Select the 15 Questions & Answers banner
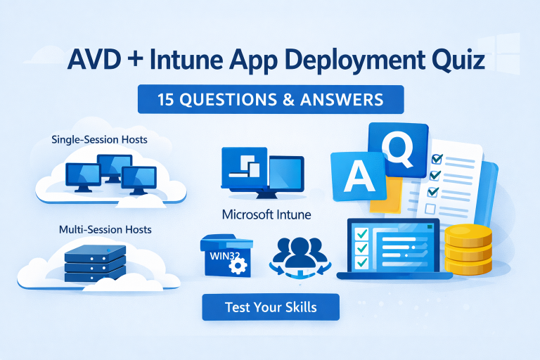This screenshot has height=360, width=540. click(271, 99)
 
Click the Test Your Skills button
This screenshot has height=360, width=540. click(271, 307)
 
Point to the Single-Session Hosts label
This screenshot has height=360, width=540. click(100, 140)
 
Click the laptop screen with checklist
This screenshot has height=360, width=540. click(392, 246)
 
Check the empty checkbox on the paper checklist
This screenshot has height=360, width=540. click(430, 209)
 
